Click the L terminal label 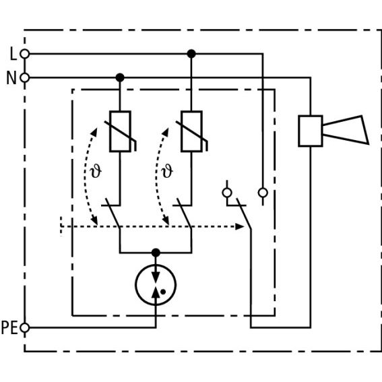click(x=13, y=54)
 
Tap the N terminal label click(x=11, y=78)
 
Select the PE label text click(x=9, y=327)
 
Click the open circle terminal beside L click(x=25, y=54)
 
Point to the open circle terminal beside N click(x=25, y=78)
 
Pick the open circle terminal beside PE click(x=25, y=327)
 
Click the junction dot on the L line click(x=191, y=54)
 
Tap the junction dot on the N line click(x=120, y=77)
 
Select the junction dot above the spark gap click(x=156, y=253)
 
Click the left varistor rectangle click(x=120, y=131)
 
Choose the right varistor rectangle click(x=191, y=131)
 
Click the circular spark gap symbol click(x=156, y=264)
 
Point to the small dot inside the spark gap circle click(x=163, y=292)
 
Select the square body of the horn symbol click(x=311, y=131)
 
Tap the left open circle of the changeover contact click(x=227, y=193)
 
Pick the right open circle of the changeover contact click(x=263, y=193)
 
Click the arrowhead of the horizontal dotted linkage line click(x=240, y=226)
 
